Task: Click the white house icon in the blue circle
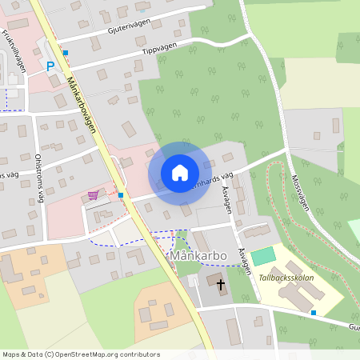point(180,173)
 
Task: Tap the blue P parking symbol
point(50,67)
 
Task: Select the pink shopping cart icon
point(94,195)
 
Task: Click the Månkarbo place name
point(197,256)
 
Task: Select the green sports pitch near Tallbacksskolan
point(262,258)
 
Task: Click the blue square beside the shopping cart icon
point(120,194)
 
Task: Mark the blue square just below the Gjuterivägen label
point(66,53)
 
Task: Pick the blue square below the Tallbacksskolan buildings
point(314,312)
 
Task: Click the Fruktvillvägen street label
point(15,50)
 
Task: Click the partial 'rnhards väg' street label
point(211,179)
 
